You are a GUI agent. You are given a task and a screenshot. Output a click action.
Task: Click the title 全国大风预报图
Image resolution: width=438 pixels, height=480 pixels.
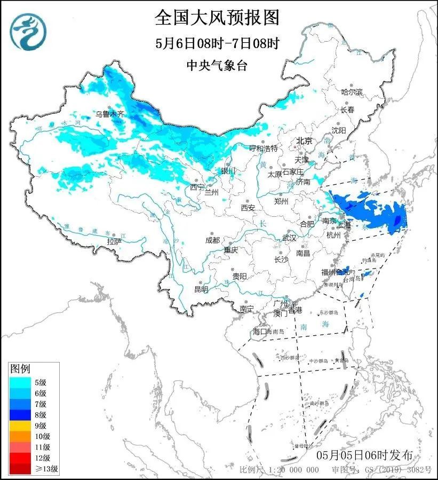217,17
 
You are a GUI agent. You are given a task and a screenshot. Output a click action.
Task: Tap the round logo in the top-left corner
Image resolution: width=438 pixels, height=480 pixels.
28,30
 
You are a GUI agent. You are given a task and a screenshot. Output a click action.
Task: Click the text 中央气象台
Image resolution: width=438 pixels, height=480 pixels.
217,66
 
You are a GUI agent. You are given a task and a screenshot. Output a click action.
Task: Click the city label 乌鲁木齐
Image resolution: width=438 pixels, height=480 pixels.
109,114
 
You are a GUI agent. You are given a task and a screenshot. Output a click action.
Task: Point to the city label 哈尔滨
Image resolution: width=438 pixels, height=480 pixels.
352,92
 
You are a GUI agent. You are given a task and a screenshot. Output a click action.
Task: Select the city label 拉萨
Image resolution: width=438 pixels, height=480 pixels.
114,242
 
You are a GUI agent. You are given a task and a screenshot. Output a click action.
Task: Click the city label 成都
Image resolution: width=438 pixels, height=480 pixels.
212,240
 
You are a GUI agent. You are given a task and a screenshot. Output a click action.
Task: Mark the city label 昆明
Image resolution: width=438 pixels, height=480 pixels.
201,289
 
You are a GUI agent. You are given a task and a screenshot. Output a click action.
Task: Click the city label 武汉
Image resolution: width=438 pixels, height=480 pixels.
289,238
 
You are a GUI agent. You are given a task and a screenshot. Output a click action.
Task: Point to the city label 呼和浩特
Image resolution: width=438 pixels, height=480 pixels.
264,148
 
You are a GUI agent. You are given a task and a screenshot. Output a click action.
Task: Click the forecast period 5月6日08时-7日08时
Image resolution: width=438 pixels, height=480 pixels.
217,43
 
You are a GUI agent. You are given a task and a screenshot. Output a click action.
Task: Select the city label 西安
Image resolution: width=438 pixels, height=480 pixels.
248,207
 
